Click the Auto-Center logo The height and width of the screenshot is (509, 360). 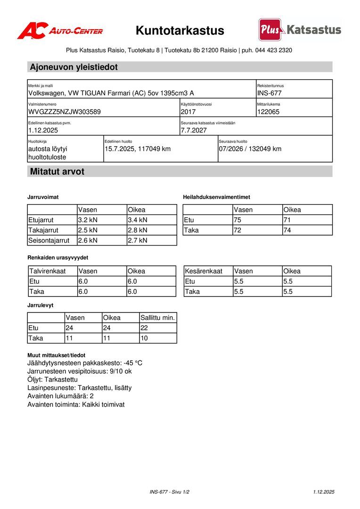click(x=60, y=31)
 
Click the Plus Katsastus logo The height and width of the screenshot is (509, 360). click(x=300, y=30)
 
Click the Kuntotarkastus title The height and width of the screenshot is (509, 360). click(x=180, y=31)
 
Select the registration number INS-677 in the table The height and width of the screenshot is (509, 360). click(x=270, y=93)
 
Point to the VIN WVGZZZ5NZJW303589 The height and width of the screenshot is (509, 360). click(x=65, y=112)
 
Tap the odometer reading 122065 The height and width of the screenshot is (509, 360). click(x=269, y=112)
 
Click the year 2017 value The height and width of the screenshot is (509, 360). click(x=188, y=112)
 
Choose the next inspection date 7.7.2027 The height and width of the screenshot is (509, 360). click(x=194, y=131)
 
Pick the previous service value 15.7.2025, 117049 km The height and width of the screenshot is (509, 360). click(x=138, y=149)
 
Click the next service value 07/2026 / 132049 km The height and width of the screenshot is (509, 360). click(x=250, y=149)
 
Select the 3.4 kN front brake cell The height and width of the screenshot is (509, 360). click(x=138, y=220)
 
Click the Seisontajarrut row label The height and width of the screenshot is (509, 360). click(x=49, y=240)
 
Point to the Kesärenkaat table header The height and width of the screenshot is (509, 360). click(x=204, y=271)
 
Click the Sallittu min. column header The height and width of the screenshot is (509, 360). click(x=158, y=318)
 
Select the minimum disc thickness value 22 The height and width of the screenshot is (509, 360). click(x=145, y=328)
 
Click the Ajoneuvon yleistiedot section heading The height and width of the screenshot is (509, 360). click(x=74, y=67)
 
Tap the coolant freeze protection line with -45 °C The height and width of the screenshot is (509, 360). click(x=85, y=363)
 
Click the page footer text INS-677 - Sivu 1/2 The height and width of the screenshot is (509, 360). click(x=170, y=492)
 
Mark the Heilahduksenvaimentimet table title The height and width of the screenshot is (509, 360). click(x=216, y=197)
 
